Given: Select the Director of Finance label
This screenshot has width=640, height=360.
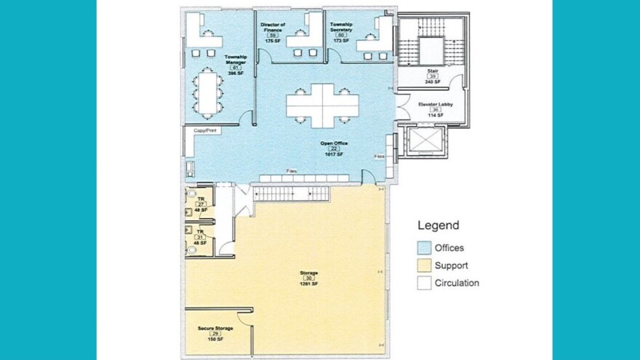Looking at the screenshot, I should coord(273,27).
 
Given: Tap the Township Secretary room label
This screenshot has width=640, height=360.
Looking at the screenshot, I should coord(342,27).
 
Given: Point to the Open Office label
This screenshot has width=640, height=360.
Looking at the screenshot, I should coord(334,143).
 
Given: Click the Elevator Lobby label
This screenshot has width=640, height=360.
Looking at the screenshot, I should coord(436,104).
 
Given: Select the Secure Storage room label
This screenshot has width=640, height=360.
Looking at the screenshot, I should coord(215,328).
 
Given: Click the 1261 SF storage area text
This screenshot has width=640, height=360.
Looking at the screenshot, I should coord(309,284).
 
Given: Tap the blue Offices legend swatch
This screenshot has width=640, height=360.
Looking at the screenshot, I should coord(424,248).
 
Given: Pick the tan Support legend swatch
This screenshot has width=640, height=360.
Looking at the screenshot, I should coord(424,265).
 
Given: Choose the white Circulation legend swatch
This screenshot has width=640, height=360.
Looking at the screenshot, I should coord(424,283).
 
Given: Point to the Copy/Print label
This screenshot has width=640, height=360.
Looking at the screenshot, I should coord(205,131).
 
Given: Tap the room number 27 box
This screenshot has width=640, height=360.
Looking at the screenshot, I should coord(200,204).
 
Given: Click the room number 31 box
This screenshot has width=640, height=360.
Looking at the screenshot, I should coord(200,236).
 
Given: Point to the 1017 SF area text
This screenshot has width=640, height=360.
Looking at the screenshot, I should coord(334,154).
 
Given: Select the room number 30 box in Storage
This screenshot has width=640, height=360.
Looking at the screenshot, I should coord(309,279).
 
